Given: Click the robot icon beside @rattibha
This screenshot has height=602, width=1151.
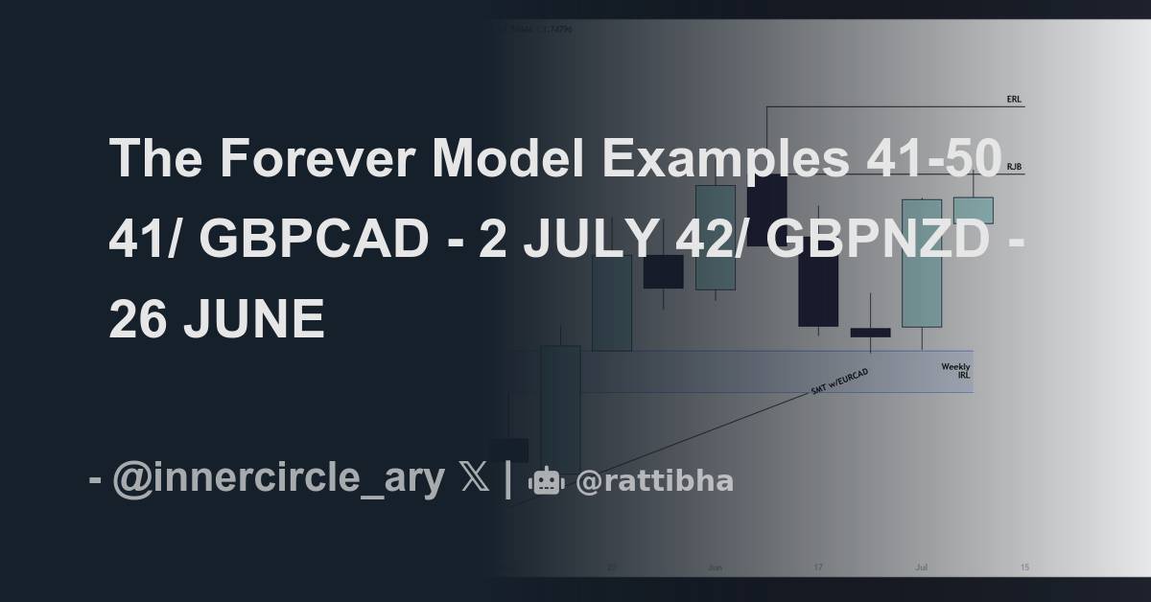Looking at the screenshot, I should [x=547, y=481].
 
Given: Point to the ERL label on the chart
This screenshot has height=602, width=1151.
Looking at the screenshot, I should [x=1014, y=99].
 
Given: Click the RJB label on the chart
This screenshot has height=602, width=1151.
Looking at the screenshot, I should [x=1014, y=167].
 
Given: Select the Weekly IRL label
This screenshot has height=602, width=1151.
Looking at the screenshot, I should [x=955, y=371].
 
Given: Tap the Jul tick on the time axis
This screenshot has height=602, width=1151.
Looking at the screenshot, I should [x=921, y=567].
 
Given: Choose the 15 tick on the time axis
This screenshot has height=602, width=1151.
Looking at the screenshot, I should [x=1024, y=567].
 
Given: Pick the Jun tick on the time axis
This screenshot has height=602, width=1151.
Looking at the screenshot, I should [x=715, y=567].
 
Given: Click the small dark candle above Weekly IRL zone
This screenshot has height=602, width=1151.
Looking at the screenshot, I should [x=870, y=333].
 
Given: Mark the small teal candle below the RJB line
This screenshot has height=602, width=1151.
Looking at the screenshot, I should [x=973, y=210].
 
